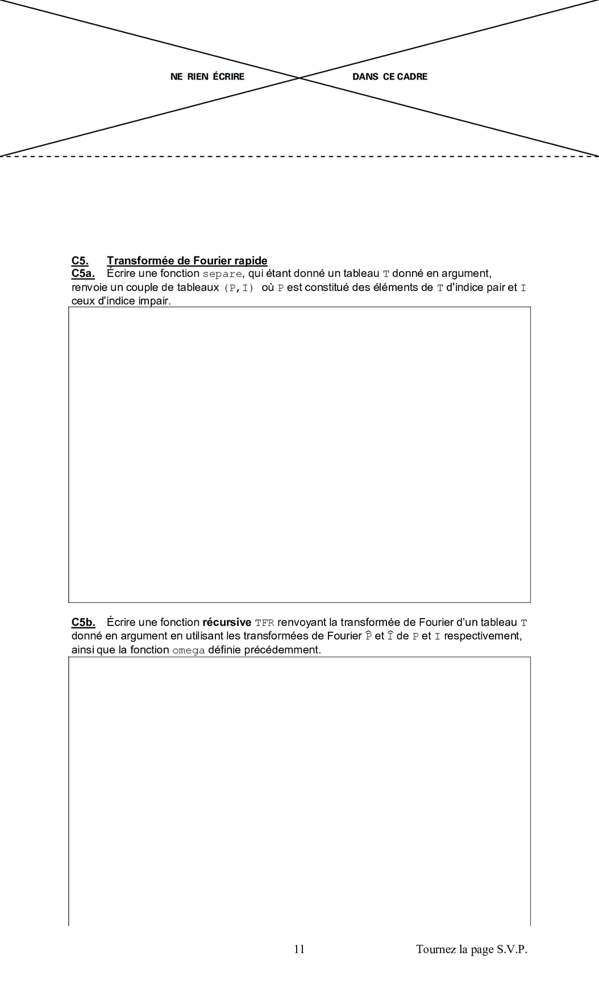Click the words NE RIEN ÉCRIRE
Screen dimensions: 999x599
pyautogui.click(x=207, y=77)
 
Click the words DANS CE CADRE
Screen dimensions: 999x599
pyautogui.click(x=390, y=77)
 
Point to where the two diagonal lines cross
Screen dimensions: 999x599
pyautogui.click(x=299, y=77)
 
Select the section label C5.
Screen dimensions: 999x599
pyautogui.click(x=80, y=261)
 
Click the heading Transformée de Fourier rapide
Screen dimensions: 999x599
pyautogui.click(x=187, y=261)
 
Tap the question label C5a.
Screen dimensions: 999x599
pyautogui.click(x=83, y=274)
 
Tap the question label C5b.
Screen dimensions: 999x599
pyautogui.click(x=83, y=623)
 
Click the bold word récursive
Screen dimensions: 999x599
pyautogui.click(x=227, y=623)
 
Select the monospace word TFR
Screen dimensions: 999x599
pyautogui.click(x=264, y=623)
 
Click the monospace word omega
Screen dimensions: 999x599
pyautogui.click(x=188, y=650)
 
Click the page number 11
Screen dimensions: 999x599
pyautogui.click(x=299, y=949)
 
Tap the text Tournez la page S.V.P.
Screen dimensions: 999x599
pyautogui.click(x=472, y=949)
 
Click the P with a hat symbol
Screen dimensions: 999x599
pyautogui.click(x=368, y=636)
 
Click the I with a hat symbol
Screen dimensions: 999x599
pyautogui.click(x=390, y=636)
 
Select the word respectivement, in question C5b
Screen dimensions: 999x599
pyautogui.click(x=483, y=636)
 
